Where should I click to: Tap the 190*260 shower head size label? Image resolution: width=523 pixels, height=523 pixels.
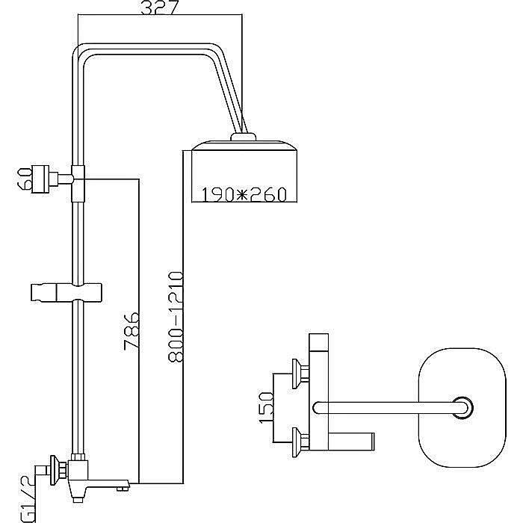(244, 195)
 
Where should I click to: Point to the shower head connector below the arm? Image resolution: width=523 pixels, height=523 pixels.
(244, 137)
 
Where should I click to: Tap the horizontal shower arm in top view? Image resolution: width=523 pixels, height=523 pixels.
(385, 407)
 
